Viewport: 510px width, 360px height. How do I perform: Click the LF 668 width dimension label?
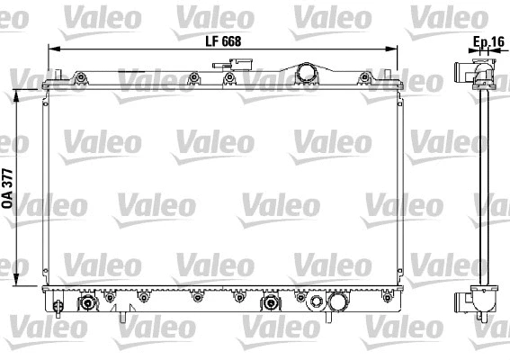tap(222, 40)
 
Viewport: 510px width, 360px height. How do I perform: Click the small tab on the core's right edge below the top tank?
tap(402, 99)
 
